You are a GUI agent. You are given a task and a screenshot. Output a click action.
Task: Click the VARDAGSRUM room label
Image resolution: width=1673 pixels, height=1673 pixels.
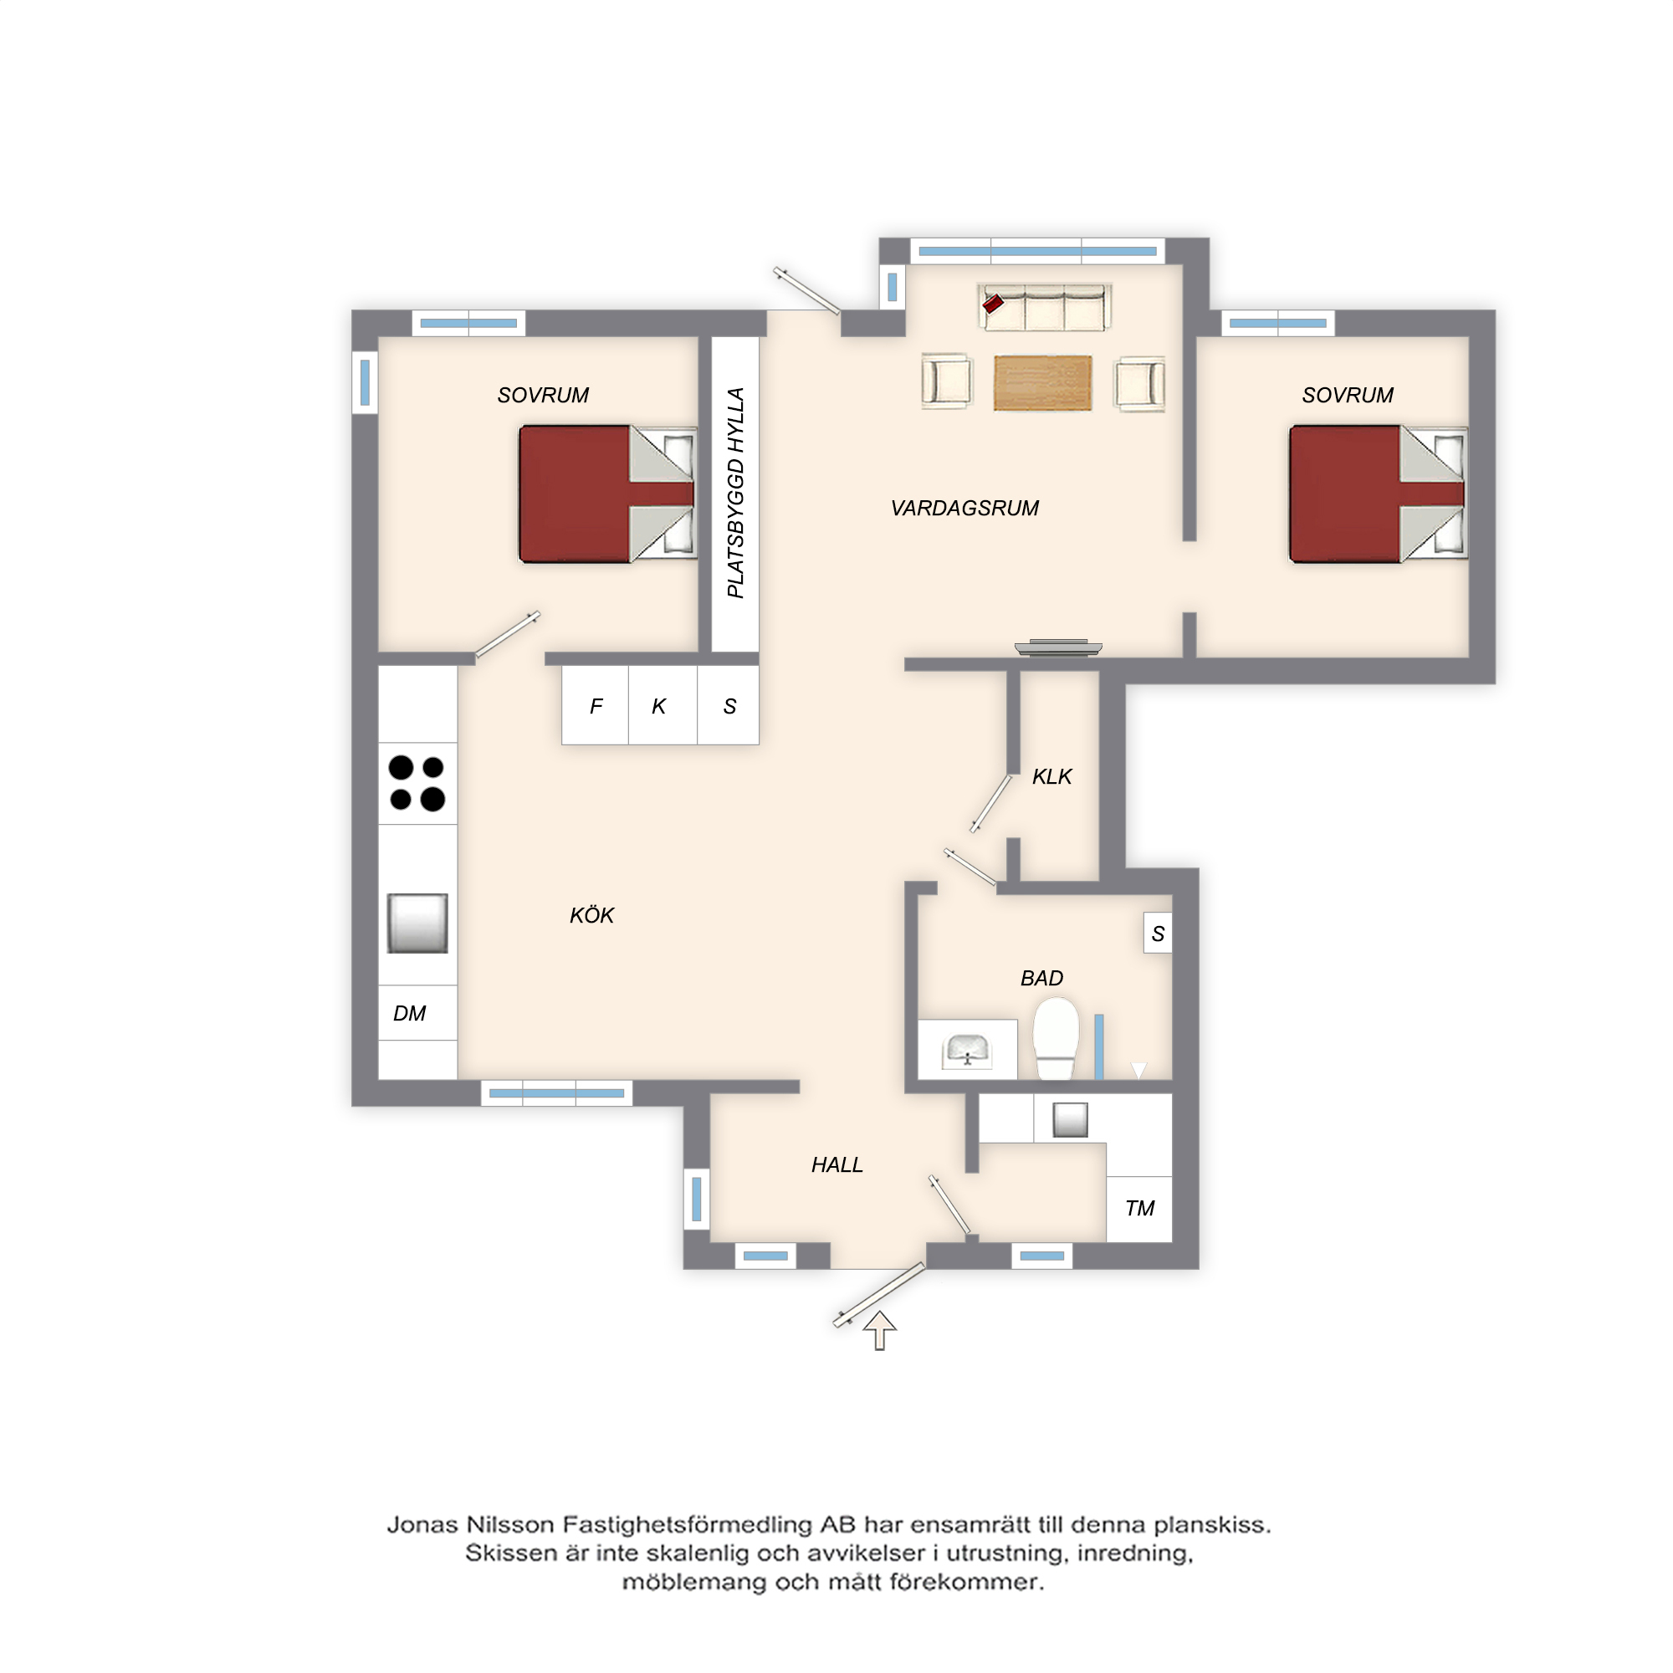(x=964, y=509)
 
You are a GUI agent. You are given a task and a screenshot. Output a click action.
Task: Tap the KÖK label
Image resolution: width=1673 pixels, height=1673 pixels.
(x=591, y=914)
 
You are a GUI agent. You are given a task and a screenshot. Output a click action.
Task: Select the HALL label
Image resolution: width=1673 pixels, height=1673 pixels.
(x=836, y=1164)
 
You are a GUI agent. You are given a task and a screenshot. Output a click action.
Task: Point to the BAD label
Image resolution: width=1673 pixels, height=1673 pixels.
(x=1041, y=978)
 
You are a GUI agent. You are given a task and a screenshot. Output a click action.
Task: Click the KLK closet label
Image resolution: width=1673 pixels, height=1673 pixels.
(x=1051, y=777)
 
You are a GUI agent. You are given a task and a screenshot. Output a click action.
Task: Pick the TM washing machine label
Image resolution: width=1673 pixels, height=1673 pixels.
(x=1139, y=1208)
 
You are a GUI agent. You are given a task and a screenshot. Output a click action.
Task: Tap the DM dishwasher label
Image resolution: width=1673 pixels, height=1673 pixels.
(x=410, y=1013)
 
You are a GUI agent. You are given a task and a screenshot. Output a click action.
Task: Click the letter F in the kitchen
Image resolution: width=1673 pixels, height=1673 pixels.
(x=596, y=707)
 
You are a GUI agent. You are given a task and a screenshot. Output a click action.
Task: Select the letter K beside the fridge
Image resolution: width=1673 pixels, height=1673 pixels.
(x=659, y=707)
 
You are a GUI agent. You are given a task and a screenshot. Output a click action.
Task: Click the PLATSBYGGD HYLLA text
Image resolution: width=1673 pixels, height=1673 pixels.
(x=735, y=493)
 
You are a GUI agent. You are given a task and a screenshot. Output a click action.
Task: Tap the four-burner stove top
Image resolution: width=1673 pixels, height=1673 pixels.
(x=417, y=783)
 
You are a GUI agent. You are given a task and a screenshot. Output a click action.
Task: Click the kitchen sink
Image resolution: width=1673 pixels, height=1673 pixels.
(x=417, y=923)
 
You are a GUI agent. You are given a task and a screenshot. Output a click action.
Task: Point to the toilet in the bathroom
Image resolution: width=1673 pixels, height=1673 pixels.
(x=1056, y=1038)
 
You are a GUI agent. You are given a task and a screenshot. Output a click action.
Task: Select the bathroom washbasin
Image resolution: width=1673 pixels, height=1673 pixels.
(x=967, y=1051)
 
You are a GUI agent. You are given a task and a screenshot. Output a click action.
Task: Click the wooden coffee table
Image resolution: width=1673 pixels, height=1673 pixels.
(x=1042, y=383)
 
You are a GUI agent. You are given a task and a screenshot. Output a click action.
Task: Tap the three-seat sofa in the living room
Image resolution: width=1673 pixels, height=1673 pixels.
(x=1044, y=306)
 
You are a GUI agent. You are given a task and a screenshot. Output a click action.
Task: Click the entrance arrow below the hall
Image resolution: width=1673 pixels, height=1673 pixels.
(x=880, y=1330)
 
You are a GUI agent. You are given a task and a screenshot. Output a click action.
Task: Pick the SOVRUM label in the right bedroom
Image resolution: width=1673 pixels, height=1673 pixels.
(x=1348, y=396)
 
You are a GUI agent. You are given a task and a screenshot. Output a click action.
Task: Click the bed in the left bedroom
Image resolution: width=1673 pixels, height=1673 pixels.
(x=607, y=494)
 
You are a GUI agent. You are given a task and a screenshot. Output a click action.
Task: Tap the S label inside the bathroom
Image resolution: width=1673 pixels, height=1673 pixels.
(x=1158, y=934)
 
